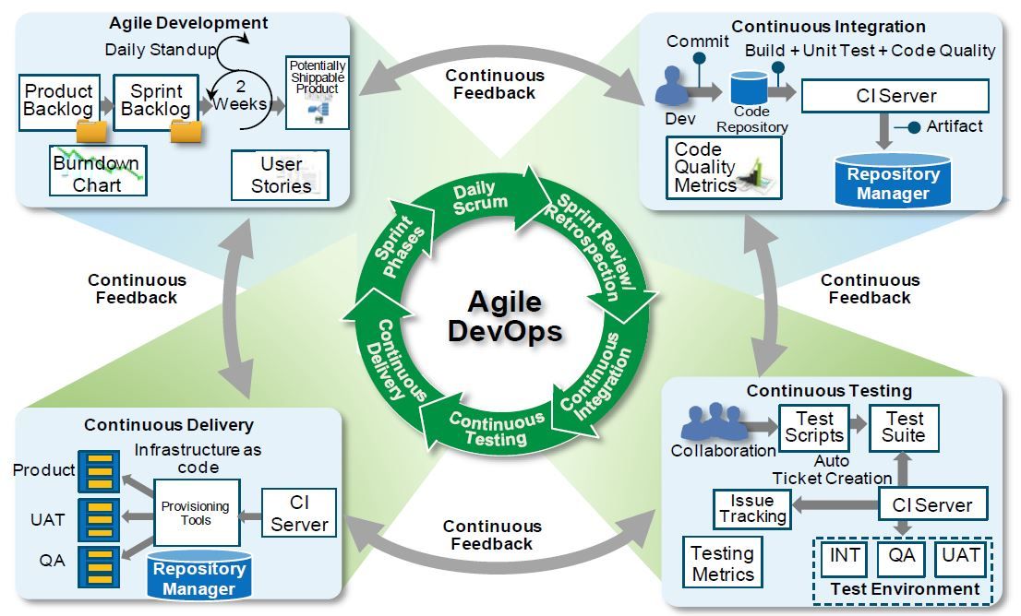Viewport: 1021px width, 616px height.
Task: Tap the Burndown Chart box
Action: [x=95, y=172]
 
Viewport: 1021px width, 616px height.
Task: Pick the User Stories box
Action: [x=280, y=174]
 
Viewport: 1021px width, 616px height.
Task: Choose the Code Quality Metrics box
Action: [x=724, y=168]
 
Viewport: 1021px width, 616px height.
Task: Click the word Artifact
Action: [x=955, y=125]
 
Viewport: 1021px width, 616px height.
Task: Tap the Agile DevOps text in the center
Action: [x=504, y=316]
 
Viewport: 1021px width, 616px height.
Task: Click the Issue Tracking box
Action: [x=752, y=508]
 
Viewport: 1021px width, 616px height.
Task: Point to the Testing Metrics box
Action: [x=723, y=563]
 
